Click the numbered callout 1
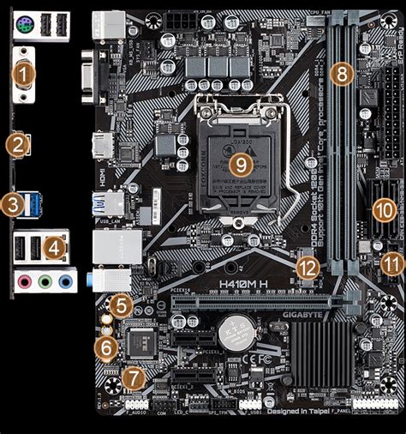point(25,75)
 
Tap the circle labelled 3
point(12,203)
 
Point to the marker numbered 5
point(122,304)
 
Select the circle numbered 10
point(384,208)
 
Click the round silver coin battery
point(232,330)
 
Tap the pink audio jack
point(26,280)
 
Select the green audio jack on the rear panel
point(46,280)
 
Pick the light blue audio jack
point(66,280)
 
